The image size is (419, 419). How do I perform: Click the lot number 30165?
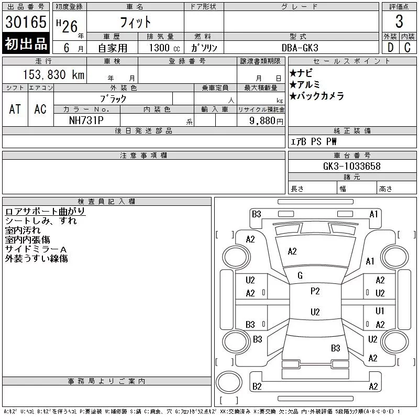26,22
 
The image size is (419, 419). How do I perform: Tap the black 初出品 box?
26,44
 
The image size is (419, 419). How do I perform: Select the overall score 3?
399,22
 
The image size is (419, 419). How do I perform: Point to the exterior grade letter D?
390,48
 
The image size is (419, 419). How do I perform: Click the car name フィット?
135,22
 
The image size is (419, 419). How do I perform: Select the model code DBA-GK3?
300,48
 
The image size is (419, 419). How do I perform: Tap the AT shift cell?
15,109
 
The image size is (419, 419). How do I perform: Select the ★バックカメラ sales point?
316,96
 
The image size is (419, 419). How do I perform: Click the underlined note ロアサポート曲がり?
45,211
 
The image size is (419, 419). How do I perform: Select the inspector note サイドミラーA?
36,249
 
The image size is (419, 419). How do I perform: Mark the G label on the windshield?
300,275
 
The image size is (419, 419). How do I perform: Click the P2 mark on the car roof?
315,291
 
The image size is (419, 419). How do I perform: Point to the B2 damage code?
257,387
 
